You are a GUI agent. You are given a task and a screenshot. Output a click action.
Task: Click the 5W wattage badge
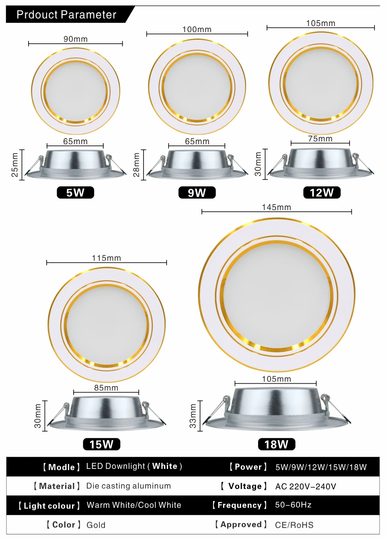pos(75,192)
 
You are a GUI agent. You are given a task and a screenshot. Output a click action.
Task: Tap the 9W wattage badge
pos(197,192)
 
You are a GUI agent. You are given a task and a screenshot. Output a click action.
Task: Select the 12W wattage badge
pos(322,192)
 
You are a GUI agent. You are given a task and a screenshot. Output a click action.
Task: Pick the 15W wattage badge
pos(101,444)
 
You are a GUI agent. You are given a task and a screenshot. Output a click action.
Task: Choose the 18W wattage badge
pos(277,444)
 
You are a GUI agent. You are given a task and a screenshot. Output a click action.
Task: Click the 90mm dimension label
pos(76,39)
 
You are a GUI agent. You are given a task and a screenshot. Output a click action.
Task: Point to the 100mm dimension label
pos(197,29)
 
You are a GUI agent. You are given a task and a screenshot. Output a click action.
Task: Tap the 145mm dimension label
pos(277,207)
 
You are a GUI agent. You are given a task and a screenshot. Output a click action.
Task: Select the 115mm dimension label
pos(107,258)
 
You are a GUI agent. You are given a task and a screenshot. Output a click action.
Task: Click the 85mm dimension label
pos(106,388)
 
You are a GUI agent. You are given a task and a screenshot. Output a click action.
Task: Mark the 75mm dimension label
pos(320,139)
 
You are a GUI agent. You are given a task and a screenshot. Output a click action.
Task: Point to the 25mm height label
pos(15,165)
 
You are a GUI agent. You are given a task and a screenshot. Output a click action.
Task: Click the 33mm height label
pos(193,416)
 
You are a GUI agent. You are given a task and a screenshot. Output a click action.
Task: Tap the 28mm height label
pos(137,165)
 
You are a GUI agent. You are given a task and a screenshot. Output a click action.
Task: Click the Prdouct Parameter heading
pos(66,15)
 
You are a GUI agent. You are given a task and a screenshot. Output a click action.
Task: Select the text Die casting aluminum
pos(129,486)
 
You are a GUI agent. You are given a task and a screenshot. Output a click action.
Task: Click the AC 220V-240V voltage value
pos(306,487)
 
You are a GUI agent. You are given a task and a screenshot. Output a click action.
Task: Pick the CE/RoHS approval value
pos(294,525)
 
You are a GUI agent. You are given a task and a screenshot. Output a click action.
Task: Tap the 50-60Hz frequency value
pos(293,505)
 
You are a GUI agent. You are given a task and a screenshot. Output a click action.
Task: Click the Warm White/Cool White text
pos(134,505)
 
